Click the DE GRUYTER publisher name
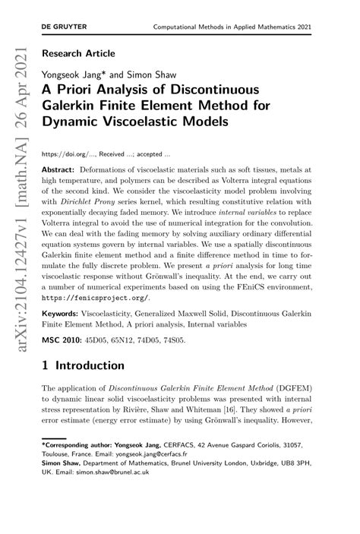click(64, 27)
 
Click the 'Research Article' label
click(79, 54)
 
